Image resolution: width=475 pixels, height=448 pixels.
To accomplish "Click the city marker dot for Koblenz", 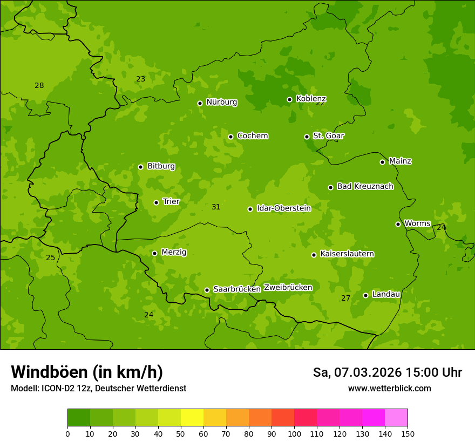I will click(289, 99).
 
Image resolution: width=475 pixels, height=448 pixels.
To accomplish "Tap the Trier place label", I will click(171, 201).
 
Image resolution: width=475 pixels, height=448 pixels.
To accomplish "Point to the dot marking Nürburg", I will click(200, 103).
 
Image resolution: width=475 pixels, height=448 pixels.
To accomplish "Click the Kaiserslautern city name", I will click(347, 254).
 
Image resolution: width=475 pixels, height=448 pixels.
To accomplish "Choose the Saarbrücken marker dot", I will click(207, 290).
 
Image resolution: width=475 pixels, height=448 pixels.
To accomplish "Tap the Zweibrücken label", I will click(288, 287).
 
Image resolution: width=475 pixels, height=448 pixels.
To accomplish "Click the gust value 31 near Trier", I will click(216, 207).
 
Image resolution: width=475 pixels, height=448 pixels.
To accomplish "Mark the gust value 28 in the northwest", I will click(39, 85).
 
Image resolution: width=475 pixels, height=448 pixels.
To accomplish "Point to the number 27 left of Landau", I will click(346, 298).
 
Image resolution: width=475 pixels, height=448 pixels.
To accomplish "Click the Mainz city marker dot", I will click(382, 162).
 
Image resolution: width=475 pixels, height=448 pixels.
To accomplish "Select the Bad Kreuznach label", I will click(365, 186).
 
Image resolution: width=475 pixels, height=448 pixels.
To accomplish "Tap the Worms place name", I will click(417, 223).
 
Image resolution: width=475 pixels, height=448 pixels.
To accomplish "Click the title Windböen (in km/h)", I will click(86, 372).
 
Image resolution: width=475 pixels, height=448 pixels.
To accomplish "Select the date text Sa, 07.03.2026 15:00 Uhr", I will click(387, 372).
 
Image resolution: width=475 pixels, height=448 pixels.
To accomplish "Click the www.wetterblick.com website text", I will click(389, 388).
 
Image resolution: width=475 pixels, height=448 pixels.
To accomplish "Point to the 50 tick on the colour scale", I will click(181, 433).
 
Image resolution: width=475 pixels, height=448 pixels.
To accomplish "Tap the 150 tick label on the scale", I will click(408, 433).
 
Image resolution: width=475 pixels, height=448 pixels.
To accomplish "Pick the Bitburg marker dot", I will click(140, 167).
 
